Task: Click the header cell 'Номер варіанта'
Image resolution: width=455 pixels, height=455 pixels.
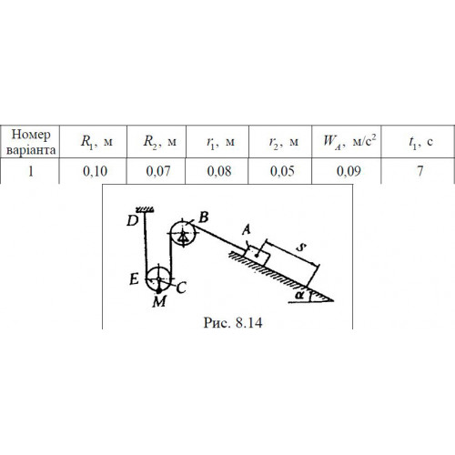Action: coord(31,142)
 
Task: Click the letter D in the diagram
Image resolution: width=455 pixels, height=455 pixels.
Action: coord(132,221)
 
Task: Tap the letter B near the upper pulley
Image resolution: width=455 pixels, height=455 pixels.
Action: coord(204,217)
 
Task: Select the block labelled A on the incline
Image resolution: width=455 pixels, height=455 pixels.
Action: coord(258,256)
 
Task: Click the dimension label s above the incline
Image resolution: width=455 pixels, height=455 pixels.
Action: coord(301,248)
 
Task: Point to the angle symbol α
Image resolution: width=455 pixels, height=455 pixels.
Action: coord(299,295)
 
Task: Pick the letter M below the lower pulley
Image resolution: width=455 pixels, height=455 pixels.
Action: coord(159,301)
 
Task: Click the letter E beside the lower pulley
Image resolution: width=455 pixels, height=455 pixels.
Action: coord(134,279)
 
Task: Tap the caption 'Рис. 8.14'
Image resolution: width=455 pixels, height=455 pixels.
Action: coord(233,322)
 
